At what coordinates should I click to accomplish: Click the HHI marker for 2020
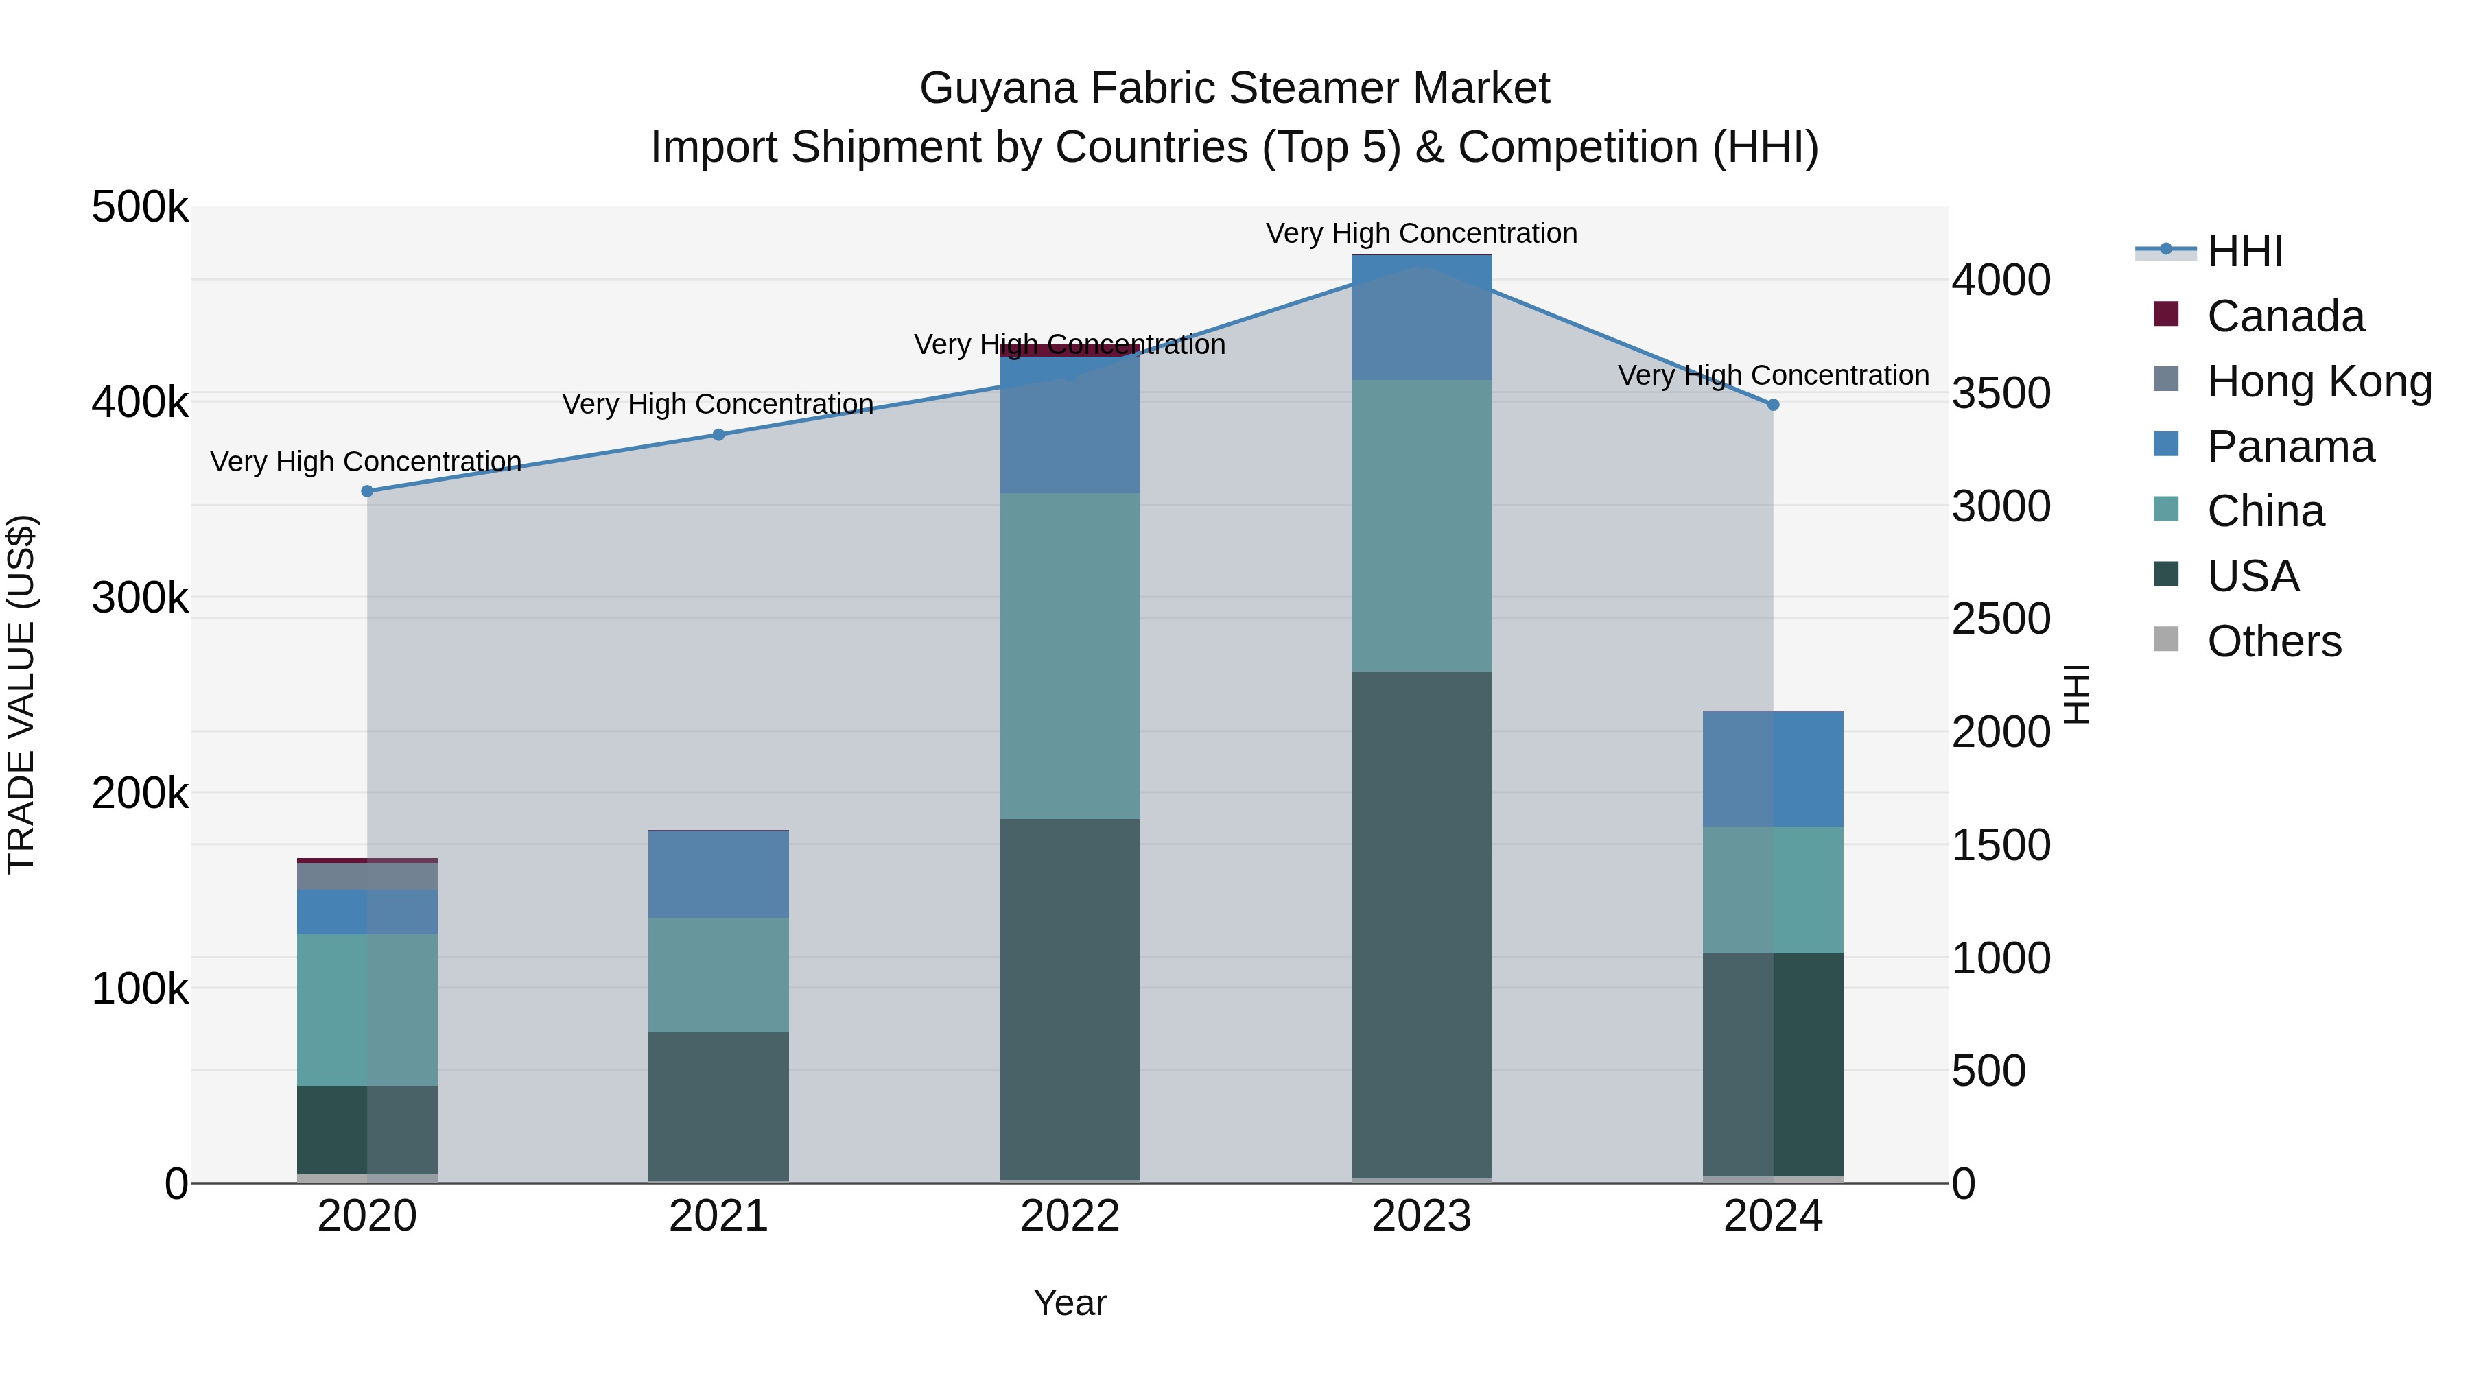pyautogui.click(x=367, y=491)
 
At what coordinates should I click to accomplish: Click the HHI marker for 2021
pyautogui.click(x=718, y=434)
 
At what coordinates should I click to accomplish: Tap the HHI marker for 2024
pyautogui.click(x=1773, y=405)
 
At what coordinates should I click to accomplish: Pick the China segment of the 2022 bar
pyautogui.click(x=1070, y=656)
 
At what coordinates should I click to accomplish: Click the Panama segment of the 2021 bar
pyautogui.click(x=718, y=875)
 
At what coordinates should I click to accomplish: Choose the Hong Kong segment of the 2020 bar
pyautogui.click(x=367, y=876)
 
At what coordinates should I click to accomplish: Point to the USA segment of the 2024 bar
pyautogui.click(x=1773, y=1064)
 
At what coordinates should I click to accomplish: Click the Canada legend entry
pyautogui.click(x=2285, y=316)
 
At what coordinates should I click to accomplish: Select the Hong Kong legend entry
pyautogui.click(x=2318, y=381)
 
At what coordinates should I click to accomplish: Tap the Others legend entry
pyautogui.click(x=2274, y=641)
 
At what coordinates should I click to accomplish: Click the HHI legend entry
pyautogui.click(x=2245, y=251)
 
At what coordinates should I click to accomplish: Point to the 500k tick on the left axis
pyautogui.click(x=140, y=207)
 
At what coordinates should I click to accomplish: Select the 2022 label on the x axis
pyautogui.click(x=1070, y=1216)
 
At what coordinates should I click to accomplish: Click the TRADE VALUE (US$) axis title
pyautogui.click(x=21, y=694)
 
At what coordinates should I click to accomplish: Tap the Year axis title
pyautogui.click(x=1070, y=1303)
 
